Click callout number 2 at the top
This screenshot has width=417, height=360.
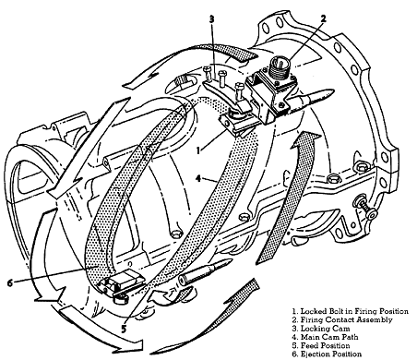[x=323, y=18]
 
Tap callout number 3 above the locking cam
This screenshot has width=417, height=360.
[x=211, y=19]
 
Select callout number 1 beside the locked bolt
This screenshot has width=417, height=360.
[x=198, y=150]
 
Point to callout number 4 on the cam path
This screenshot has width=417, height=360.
[x=199, y=178]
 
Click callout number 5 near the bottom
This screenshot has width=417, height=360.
[x=124, y=329]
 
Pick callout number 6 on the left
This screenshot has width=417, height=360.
[x=10, y=282]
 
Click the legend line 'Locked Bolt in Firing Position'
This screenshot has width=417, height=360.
[x=351, y=311]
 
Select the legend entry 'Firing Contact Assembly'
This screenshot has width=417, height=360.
[x=342, y=320]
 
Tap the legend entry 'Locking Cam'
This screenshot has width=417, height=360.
[x=321, y=329]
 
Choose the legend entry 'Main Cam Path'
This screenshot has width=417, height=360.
[x=325, y=337]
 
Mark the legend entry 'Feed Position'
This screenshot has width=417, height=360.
[x=321, y=346]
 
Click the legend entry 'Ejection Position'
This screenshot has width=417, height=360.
[x=327, y=354]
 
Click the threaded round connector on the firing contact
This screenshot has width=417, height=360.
[x=279, y=68]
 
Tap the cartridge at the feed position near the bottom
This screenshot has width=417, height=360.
[x=205, y=270]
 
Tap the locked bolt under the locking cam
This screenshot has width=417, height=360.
[x=237, y=125]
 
